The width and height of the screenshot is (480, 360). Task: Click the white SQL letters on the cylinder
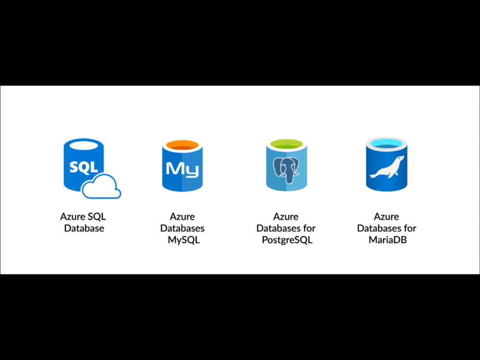point(84,167)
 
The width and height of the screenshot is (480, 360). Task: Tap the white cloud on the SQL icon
point(101,186)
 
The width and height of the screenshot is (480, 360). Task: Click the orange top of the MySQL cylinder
point(182,145)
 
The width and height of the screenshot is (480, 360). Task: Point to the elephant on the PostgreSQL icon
point(286,170)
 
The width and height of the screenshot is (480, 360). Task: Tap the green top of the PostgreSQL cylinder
point(287,144)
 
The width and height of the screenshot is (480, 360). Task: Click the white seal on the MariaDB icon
point(387,167)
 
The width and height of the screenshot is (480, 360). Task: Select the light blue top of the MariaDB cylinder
point(386,143)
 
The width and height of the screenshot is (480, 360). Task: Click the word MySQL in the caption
point(184,240)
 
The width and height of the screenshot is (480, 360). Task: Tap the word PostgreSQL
point(287,240)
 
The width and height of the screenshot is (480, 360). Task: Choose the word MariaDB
point(387,240)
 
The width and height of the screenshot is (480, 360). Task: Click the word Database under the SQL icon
point(84,228)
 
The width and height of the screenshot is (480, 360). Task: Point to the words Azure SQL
point(83,216)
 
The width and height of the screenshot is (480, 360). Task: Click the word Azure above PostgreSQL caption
point(286,216)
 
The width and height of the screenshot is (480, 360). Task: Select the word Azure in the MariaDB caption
point(386,216)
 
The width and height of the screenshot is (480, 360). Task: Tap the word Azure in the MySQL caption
point(182,216)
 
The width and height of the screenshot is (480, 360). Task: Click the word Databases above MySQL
point(182,228)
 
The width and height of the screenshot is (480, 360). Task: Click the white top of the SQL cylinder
point(84,145)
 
